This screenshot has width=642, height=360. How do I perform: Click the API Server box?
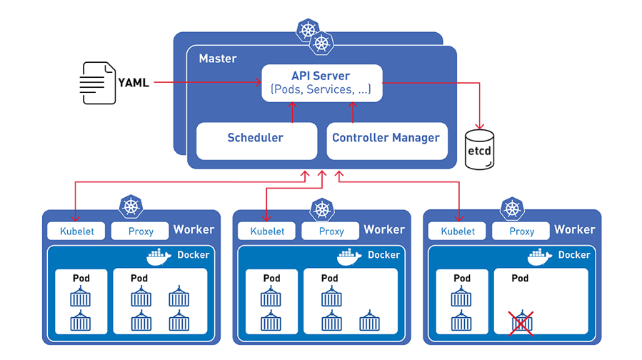pos(321,83)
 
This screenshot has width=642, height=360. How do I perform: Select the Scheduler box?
pos(256,139)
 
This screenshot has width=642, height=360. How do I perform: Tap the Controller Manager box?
pos(386,139)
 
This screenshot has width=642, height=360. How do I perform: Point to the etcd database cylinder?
pos(479,149)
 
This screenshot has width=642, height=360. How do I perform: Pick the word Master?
pos(217,59)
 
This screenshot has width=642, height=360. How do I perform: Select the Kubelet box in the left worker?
pos(76,231)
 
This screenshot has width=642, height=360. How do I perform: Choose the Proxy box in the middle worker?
pos(331,231)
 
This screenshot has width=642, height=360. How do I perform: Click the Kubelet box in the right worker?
pos(458,231)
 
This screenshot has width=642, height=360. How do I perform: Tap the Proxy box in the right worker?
pos(521,231)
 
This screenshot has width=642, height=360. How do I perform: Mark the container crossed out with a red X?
pos(521,322)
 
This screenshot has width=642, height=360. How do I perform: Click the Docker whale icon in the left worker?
pos(159,256)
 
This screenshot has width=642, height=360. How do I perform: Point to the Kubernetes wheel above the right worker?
pos(512,208)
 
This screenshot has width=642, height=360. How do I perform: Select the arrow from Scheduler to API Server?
pos(292,111)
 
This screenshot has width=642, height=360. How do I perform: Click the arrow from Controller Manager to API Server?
pos(352,111)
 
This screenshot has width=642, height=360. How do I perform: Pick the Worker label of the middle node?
pos(384,230)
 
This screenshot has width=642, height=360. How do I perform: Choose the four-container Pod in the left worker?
pos(160,301)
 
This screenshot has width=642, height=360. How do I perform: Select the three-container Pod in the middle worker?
pos(351,301)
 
